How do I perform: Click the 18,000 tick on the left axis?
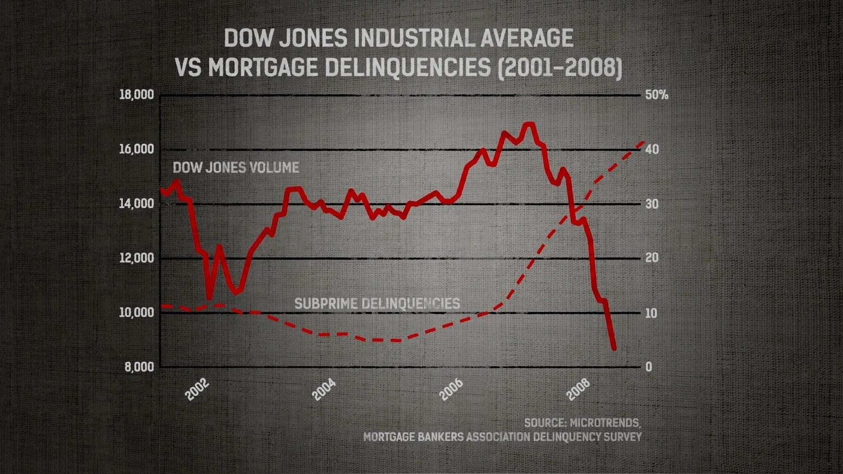137,95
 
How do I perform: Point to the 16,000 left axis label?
137,150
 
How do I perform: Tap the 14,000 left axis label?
137,204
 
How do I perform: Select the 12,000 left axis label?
137,258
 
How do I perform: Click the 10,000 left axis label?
137,313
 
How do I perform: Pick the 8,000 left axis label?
139,367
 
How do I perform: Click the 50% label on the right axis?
656,95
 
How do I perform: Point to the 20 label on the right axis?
652,258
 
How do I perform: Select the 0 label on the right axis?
648,367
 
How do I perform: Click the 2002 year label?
197,389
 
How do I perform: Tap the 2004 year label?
324,389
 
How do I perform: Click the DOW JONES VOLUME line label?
236,168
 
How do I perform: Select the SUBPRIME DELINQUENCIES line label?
377,304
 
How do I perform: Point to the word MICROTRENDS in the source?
605,423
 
